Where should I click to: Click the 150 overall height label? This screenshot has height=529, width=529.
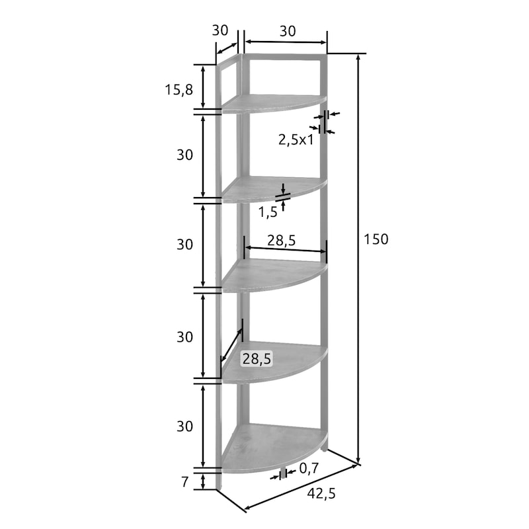coord(376,239)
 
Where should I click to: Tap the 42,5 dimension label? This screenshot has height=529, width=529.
coord(321,493)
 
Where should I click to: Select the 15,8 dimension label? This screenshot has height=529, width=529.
coord(179,90)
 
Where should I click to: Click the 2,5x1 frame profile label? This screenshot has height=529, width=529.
coord(296,140)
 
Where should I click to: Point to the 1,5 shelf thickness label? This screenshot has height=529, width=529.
coord(268,212)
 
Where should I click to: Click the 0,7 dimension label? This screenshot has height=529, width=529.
coord(309,468)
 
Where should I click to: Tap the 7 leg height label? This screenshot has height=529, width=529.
coord(184,482)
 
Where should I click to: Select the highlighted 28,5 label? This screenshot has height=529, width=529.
coord(257,359)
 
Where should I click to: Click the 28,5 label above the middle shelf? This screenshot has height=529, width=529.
coord(282,241)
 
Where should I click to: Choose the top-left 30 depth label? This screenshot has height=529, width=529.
coord(220,30)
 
